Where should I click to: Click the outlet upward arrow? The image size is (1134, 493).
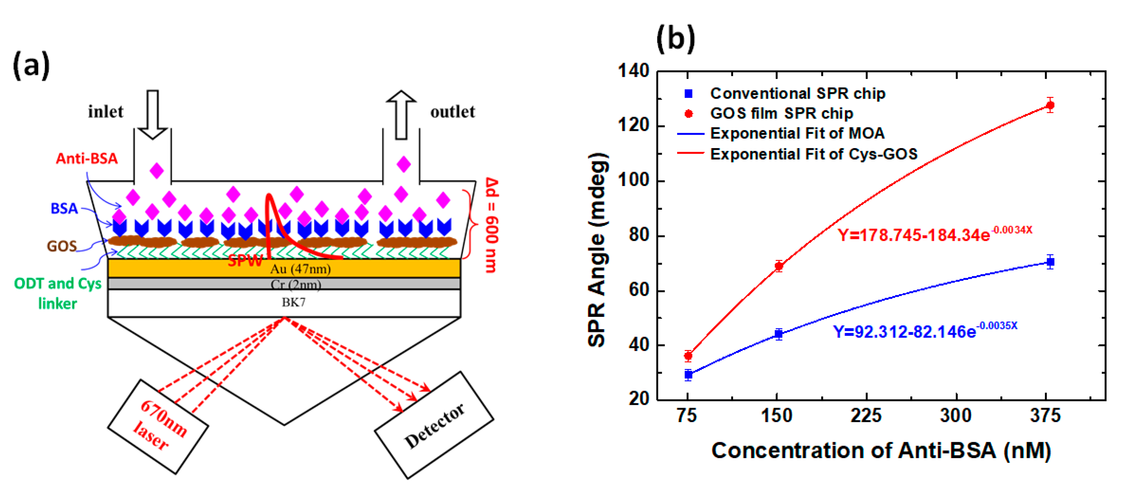tap(401, 115)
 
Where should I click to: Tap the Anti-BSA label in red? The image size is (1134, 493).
tap(87, 159)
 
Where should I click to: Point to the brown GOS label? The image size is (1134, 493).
tap(62, 246)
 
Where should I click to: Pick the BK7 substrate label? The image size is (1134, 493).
tap(293, 302)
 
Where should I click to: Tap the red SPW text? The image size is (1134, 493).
tap(245, 261)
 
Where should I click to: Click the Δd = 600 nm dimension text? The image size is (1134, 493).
tap(492, 225)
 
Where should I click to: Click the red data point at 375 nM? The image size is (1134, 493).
tap(1050, 105)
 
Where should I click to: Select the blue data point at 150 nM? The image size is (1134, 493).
tap(778, 334)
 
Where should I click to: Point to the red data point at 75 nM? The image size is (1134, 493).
tap(688, 355)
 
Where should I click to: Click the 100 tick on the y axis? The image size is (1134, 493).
tap(633, 181)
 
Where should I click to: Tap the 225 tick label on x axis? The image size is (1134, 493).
tap(866, 415)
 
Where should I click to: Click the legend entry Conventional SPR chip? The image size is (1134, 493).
tap(797, 93)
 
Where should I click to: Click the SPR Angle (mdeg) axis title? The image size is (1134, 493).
tap(598, 250)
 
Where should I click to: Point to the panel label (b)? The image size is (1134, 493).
tap(675, 39)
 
